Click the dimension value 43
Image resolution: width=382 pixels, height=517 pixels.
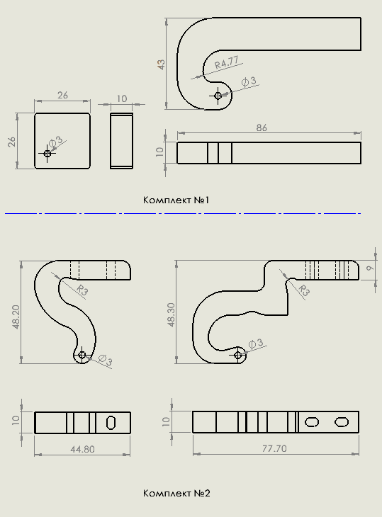click(161, 64)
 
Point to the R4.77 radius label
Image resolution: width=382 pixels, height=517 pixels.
click(226, 62)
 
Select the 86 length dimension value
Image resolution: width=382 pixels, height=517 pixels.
click(262, 127)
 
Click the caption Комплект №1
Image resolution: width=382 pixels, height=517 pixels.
click(176, 200)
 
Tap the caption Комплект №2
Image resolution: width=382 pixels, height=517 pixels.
click(176, 493)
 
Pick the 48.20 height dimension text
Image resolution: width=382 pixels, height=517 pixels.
click(16, 317)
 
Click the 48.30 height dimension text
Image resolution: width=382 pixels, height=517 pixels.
click(171, 315)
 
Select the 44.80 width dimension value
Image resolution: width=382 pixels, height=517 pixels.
click(82, 449)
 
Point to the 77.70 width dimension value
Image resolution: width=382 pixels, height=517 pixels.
click(274, 448)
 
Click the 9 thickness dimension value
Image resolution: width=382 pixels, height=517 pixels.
click(371, 268)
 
